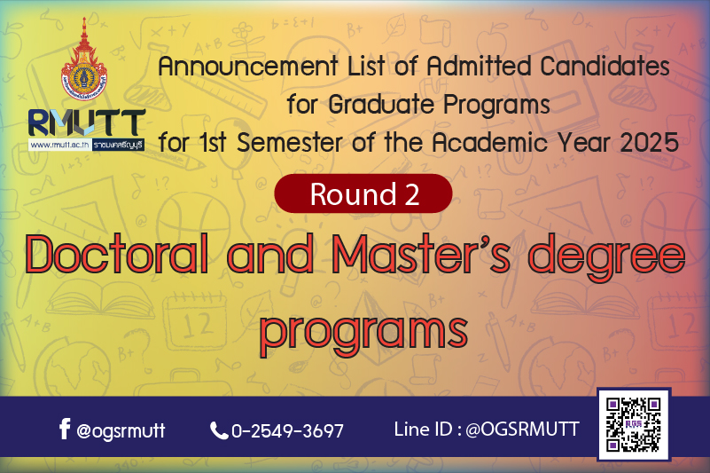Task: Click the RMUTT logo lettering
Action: click(x=87, y=122)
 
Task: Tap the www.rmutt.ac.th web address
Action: click(x=59, y=146)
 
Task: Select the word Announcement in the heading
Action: click(x=248, y=67)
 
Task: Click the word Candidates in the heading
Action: click(x=605, y=67)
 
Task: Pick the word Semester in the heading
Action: click(x=289, y=143)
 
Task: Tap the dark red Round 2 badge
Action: click(x=363, y=193)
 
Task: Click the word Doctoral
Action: click(x=117, y=254)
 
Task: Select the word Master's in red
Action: click(x=421, y=254)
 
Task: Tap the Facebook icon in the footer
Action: click(x=65, y=429)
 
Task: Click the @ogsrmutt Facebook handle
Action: click(x=121, y=430)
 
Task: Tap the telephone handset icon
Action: click(x=219, y=430)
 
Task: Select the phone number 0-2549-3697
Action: click(x=287, y=430)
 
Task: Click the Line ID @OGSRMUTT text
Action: click(x=487, y=429)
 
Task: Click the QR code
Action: click(x=634, y=424)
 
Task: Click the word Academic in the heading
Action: click(x=490, y=143)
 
